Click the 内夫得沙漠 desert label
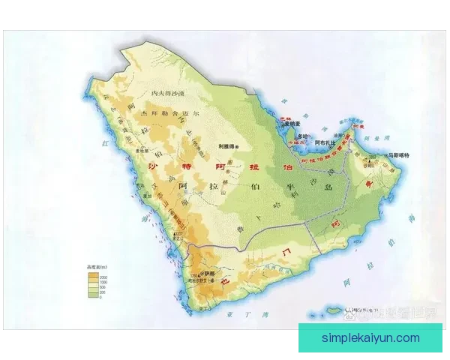168,92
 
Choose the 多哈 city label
302,136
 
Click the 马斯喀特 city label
399,154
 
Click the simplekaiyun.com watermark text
370,338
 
